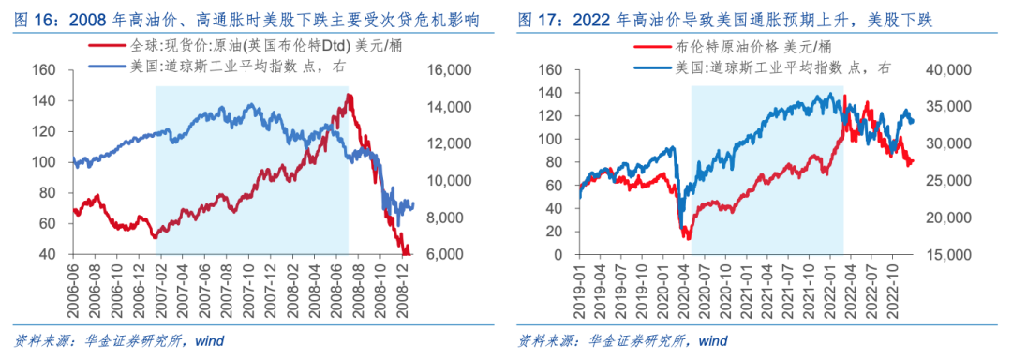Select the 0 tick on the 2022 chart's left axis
tap(557, 255)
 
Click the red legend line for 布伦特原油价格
tap(647, 47)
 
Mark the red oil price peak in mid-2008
tap(348, 96)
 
